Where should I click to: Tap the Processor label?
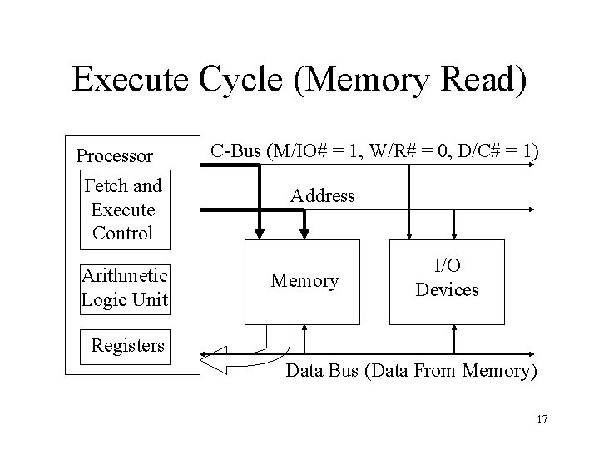[x=114, y=155]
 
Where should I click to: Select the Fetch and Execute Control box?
[x=122, y=210]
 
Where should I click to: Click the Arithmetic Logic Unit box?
[x=124, y=288]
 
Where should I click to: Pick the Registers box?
[x=127, y=344]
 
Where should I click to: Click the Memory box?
[x=304, y=282]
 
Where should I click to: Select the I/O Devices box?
[x=447, y=281]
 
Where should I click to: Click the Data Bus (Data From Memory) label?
[x=411, y=371]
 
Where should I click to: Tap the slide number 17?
[x=542, y=418]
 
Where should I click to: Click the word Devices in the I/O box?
[x=447, y=290]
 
